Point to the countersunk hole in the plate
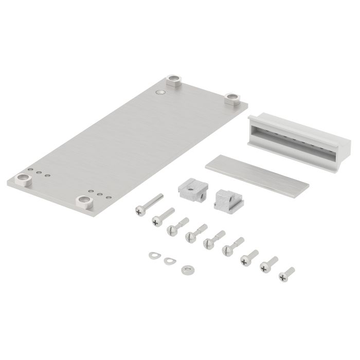(160, 93)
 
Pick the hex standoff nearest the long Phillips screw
(84, 201)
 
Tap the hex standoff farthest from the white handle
(24, 179)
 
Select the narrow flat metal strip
(257, 175)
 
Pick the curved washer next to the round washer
(169, 262)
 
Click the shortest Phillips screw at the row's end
(283, 277)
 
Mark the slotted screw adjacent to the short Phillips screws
(227, 250)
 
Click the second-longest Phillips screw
(156, 221)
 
